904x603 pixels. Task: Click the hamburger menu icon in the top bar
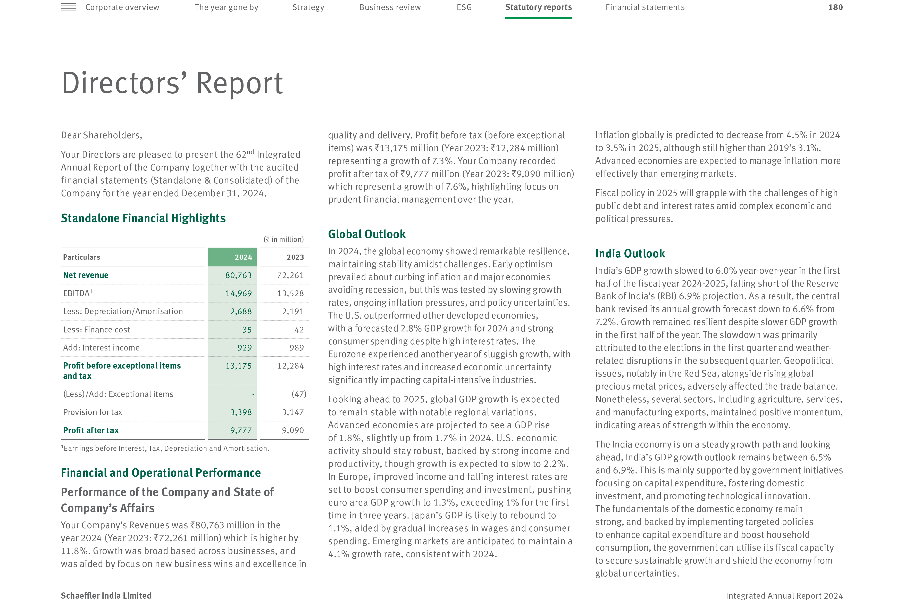coord(68,7)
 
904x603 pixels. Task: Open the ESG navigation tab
coord(464,7)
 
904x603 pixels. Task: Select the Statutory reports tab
coord(538,7)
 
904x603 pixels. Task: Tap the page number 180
coord(835,7)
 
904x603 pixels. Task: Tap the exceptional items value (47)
coord(299,394)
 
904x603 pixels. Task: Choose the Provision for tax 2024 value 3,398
coord(241,412)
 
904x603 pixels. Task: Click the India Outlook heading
coord(630,254)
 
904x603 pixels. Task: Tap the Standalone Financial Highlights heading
coord(143,218)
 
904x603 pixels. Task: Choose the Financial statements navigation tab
coord(645,7)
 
